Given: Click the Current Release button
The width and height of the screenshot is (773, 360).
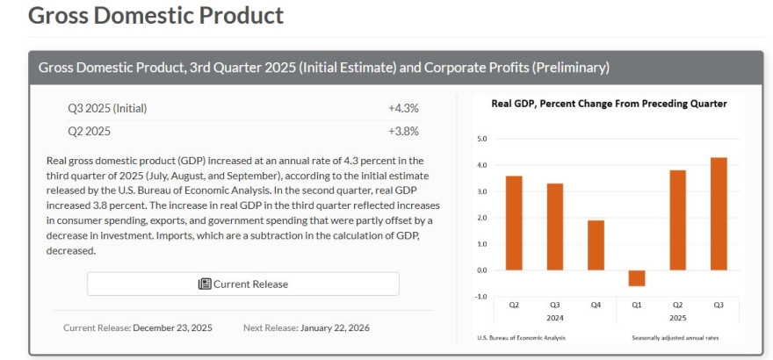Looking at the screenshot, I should (x=243, y=284).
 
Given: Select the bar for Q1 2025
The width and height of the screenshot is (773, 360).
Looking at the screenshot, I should (x=637, y=277).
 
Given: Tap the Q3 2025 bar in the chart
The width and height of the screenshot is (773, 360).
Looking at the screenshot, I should (x=719, y=213).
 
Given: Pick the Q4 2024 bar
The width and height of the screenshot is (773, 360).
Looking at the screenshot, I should (x=596, y=245).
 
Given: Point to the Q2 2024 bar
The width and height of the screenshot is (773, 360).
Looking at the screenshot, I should (x=514, y=223).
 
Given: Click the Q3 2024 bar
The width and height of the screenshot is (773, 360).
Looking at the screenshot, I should (x=555, y=227).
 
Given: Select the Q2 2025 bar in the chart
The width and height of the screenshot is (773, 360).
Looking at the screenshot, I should (x=677, y=220).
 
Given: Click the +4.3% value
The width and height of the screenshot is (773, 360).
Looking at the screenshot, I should (x=403, y=108).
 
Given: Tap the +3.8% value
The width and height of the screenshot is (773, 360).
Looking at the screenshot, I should (x=403, y=131).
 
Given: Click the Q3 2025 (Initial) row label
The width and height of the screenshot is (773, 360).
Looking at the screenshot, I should (x=107, y=108).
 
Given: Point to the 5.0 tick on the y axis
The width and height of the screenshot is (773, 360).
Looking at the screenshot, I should (x=480, y=139).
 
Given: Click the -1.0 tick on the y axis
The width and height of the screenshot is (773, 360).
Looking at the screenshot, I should (x=480, y=296).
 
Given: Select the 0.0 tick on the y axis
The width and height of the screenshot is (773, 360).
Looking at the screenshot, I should (x=480, y=270).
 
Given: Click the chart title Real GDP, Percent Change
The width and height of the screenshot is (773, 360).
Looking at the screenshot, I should (x=609, y=104).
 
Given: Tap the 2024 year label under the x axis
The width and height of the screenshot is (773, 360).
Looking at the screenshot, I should (x=554, y=317).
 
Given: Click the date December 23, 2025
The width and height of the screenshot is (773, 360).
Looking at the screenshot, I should (x=172, y=328).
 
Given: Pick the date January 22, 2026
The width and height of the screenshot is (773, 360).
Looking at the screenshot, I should (x=335, y=328).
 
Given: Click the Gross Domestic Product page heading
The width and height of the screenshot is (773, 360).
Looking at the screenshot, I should (x=156, y=15).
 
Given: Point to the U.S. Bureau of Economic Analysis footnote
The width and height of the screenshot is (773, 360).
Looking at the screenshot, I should (x=522, y=338).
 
